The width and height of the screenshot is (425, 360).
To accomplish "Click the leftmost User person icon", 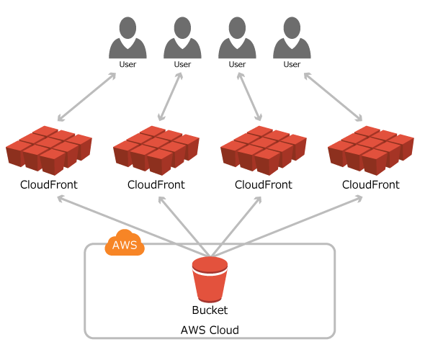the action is point(127,37).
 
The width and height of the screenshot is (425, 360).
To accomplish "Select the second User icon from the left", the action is point(182,37).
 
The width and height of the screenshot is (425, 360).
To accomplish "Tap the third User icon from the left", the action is point(237,37).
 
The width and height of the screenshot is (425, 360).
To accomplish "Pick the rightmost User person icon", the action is point(292,37).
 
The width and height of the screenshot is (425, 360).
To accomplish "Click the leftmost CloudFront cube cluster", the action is point(49,150).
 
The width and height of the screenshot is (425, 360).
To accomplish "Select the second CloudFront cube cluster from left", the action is point(156,150).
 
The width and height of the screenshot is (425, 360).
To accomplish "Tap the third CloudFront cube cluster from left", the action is point(264,150).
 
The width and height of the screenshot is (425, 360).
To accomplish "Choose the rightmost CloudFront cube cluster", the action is point(371,150).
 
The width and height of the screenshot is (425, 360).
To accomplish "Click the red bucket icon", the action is point(210,279).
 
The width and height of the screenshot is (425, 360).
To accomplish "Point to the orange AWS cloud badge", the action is point(125,243).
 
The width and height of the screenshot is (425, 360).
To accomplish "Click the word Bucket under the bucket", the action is point(210,310).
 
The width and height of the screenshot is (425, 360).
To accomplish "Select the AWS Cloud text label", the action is point(210,330).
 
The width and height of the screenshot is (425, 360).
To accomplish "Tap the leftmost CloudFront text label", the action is point(49,185).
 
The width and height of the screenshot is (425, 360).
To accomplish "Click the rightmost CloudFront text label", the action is point(371,185).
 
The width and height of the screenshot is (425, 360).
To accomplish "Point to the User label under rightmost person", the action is point(292,65).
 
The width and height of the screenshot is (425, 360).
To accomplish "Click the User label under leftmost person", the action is point(127,65).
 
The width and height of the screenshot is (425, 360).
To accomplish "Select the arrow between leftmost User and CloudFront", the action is point(86,97).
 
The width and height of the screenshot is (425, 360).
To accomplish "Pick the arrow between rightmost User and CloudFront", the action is point(333,97).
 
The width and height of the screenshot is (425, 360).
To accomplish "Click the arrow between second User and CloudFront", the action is point(170,96).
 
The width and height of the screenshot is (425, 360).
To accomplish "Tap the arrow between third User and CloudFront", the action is point(249,96).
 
